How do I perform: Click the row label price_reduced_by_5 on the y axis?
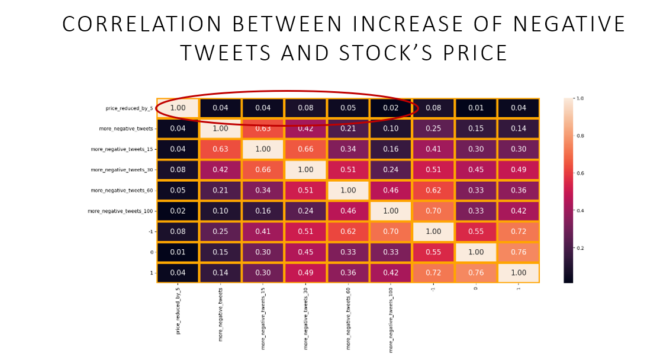[x=130, y=108]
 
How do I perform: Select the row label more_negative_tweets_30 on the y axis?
[x=123, y=170]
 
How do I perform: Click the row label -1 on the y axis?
[x=151, y=232]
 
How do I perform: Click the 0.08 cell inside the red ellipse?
[x=305, y=108]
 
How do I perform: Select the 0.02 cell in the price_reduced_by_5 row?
[x=391, y=108]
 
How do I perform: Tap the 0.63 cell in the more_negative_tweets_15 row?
[x=220, y=149]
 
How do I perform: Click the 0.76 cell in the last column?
[x=519, y=252]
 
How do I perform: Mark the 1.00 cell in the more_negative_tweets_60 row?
[x=348, y=190]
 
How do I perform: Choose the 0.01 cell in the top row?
[x=476, y=108]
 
